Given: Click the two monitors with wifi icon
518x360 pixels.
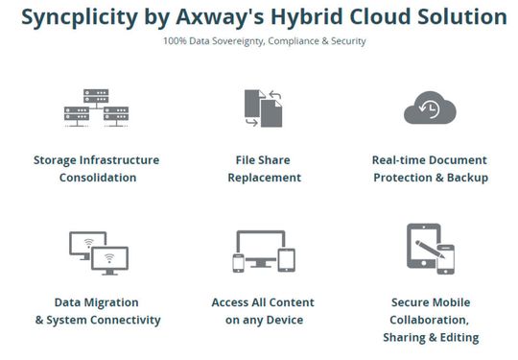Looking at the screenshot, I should pyautogui.click(x=98, y=252).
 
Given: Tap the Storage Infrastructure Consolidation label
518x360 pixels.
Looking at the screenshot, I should pyautogui.click(x=97, y=168).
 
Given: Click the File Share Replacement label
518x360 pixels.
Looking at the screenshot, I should pyautogui.click(x=264, y=168).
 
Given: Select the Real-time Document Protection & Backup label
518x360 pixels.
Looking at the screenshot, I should pyautogui.click(x=430, y=168).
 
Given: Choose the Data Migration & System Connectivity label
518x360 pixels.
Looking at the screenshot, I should pyautogui.click(x=97, y=311).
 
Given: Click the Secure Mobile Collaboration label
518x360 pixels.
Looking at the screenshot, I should pyautogui.click(x=430, y=320).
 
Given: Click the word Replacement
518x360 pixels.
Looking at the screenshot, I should pyautogui.click(x=264, y=178).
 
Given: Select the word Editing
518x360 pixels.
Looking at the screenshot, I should pyautogui.click(x=457, y=337).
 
